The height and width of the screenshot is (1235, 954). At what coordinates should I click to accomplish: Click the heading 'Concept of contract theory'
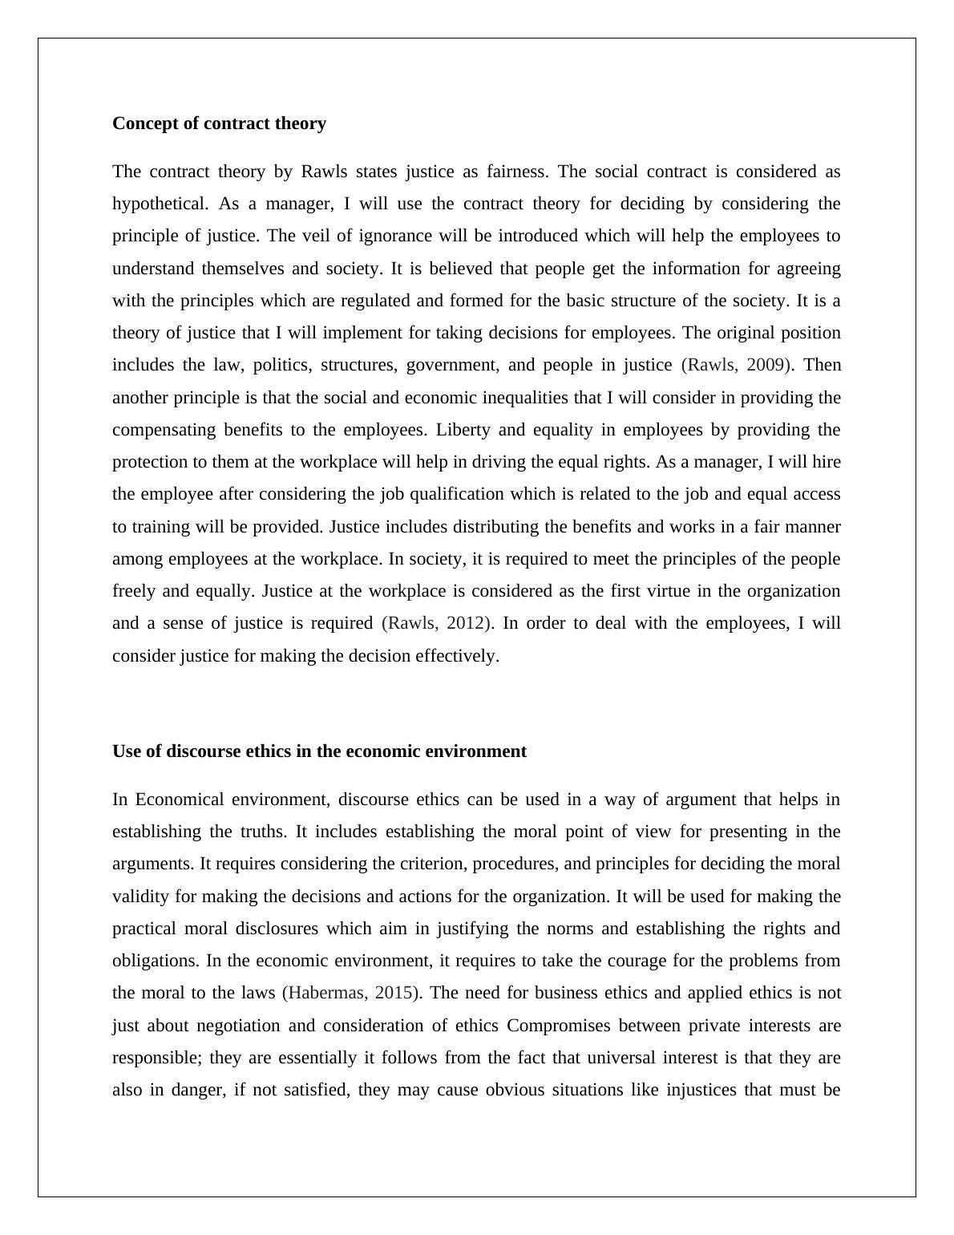click(x=219, y=123)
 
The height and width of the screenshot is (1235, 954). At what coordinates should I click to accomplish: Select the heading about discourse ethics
click(x=319, y=751)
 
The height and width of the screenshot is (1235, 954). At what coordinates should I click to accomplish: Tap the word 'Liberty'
click(x=463, y=430)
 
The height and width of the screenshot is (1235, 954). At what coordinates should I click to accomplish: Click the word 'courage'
click(x=616, y=961)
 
